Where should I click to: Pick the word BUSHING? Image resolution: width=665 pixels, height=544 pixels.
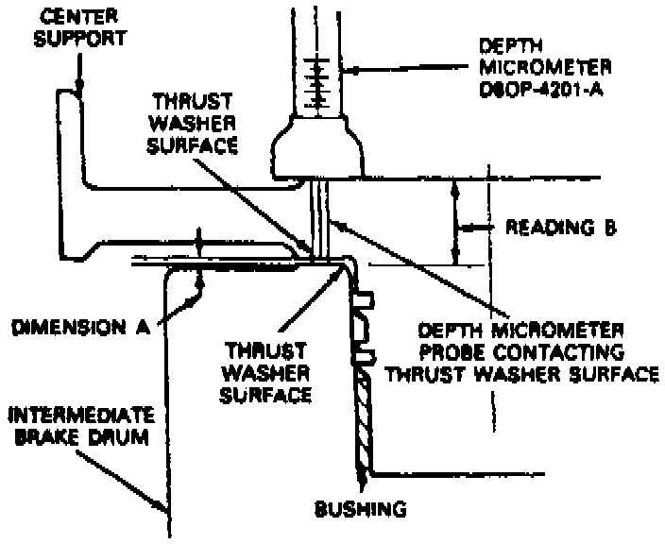click(x=360, y=510)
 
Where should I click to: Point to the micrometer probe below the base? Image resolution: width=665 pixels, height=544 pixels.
click(x=320, y=217)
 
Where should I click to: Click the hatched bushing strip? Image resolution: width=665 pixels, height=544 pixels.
click(x=363, y=416)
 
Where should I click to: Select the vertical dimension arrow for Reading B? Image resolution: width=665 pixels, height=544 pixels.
click(x=455, y=223)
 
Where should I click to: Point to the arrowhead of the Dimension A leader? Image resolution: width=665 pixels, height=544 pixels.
click(x=202, y=283)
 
